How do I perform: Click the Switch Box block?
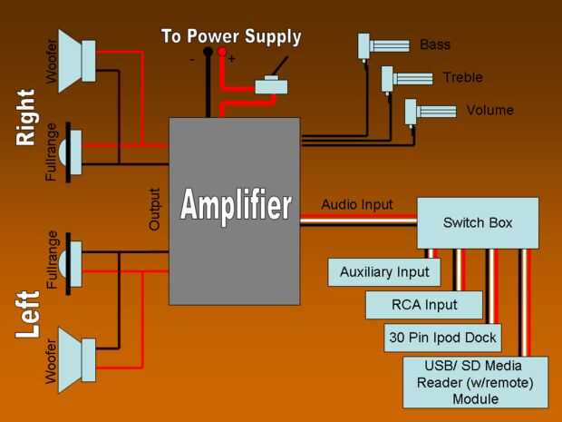coord(478,222)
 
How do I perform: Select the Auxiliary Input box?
coord(384,271)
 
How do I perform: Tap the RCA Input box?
coord(424,304)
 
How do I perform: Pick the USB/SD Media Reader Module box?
coord(475,382)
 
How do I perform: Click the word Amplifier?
coord(236,205)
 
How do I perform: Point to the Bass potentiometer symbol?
coord(386,46)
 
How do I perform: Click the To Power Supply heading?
coord(231,37)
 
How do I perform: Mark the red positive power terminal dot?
coord(222,53)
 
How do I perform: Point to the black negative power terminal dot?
coord(208,53)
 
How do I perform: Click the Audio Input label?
coord(358,204)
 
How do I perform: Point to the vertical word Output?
coord(154,209)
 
